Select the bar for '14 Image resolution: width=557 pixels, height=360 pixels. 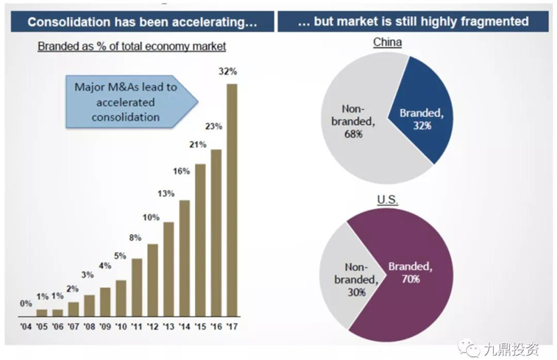tap(185, 258)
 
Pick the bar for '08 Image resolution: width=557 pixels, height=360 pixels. tap(90, 304)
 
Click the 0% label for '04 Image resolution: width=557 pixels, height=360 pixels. tap(26, 303)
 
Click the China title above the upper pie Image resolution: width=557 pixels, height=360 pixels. tap(388, 42)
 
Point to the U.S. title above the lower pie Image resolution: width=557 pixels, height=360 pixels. tap(388, 200)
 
